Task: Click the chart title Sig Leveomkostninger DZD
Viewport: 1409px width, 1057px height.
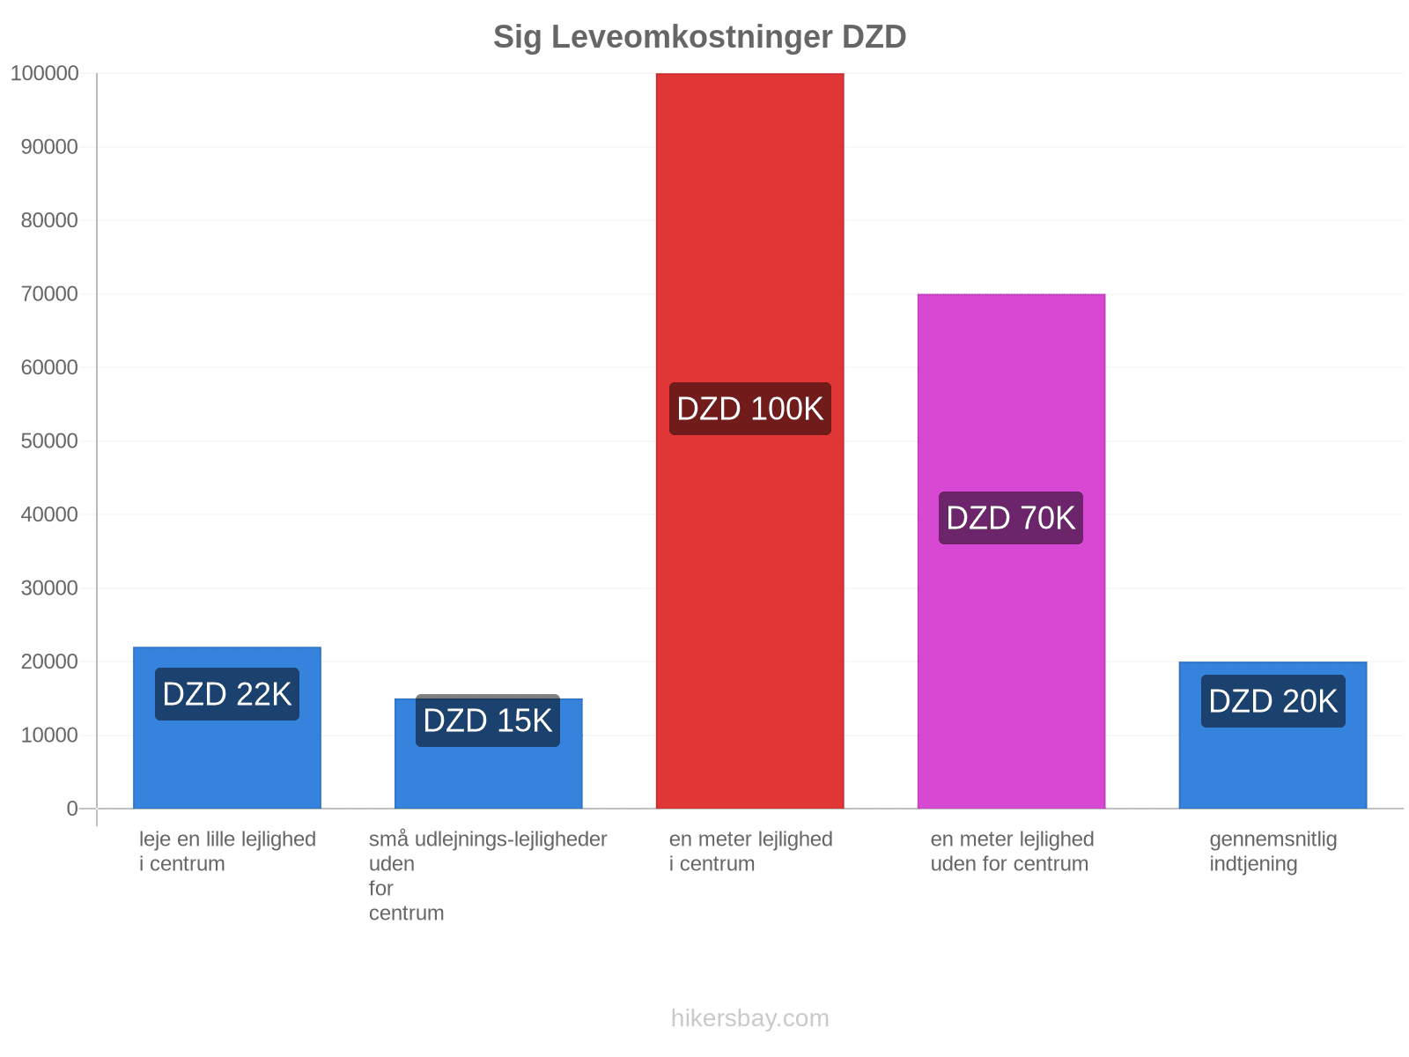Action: (x=699, y=37)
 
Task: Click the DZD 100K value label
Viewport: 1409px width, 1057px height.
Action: (x=749, y=409)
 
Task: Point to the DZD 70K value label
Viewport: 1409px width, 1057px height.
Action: (x=1011, y=518)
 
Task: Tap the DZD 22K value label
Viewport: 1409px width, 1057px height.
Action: (x=227, y=694)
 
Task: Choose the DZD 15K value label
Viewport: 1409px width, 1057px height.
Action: (x=488, y=721)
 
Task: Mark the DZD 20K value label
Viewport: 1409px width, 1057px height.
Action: (x=1273, y=701)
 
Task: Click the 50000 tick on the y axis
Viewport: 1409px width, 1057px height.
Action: (x=49, y=441)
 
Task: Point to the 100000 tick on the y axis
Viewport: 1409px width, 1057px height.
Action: (x=44, y=74)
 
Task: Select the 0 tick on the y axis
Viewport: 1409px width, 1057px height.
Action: (x=72, y=809)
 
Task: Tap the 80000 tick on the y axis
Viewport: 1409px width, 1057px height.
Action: (x=49, y=221)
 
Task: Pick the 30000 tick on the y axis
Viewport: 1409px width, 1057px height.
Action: (x=49, y=588)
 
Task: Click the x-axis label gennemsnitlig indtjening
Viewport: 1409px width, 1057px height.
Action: (x=1273, y=852)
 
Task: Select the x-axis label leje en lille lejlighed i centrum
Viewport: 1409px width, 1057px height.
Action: (x=227, y=852)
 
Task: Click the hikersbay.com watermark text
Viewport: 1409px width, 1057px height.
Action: (x=749, y=1018)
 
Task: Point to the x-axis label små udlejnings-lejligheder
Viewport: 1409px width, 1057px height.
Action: (x=488, y=876)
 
